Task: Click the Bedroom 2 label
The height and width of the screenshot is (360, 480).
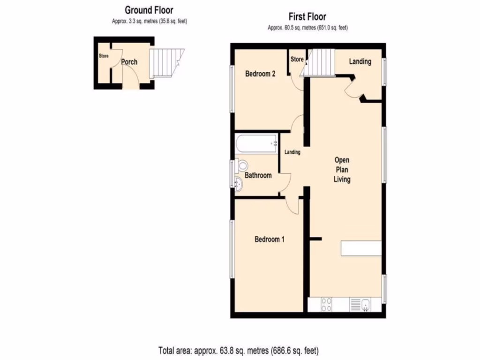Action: coord(260,74)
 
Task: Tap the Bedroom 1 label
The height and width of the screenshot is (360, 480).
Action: coord(270,239)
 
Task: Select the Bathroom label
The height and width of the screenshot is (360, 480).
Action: coord(258,175)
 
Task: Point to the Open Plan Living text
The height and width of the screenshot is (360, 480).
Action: coord(342,170)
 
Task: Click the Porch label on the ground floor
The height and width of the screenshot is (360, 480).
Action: coord(129,62)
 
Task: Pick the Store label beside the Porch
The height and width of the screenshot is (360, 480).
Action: coord(104,56)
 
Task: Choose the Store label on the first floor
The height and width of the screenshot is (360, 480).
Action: coord(297,59)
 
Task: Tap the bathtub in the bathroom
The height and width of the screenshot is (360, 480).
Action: coord(256,143)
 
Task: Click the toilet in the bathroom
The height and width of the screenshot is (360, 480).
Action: coord(242,165)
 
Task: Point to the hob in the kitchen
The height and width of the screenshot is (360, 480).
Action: coord(326,305)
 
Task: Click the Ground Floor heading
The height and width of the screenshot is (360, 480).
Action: coord(149,10)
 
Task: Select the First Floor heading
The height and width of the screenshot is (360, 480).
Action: coord(307,17)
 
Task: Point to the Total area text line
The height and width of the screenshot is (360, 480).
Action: coord(240,350)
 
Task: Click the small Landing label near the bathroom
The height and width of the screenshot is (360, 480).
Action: coord(292,152)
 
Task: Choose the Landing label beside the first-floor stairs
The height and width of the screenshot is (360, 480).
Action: coord(360,61)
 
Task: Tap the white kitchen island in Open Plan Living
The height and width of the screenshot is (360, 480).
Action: coord(360,248)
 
